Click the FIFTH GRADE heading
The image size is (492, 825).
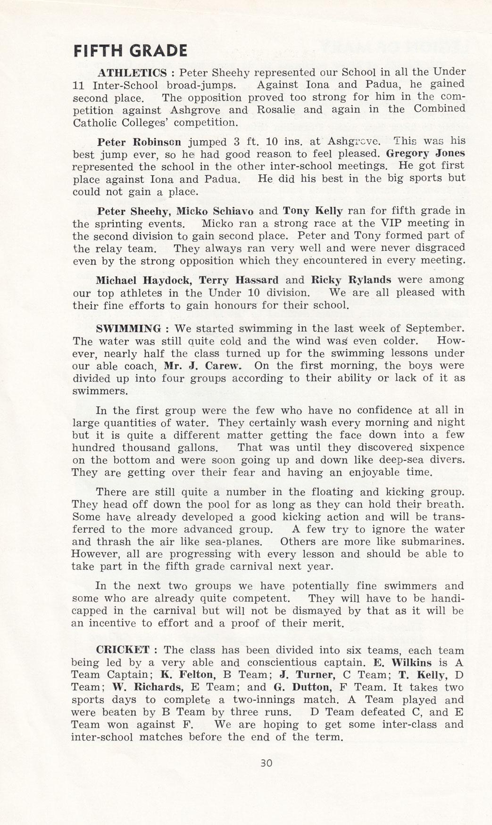[130, 51]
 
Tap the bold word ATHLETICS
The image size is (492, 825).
[132, 73]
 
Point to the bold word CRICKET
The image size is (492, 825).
[123, 650]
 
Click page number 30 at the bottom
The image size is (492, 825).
[266, 763]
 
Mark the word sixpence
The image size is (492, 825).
[439, 448]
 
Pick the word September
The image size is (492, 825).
[435, 329]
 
